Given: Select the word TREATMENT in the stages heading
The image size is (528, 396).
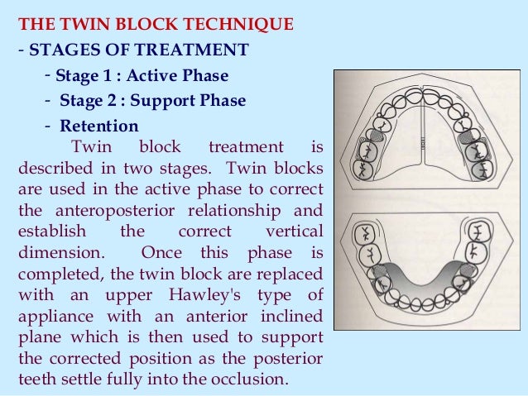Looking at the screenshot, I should tap(203, 50).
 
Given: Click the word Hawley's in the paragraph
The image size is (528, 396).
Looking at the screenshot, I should tap(214, 295).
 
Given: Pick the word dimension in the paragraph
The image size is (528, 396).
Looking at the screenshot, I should tap(59, 252).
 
